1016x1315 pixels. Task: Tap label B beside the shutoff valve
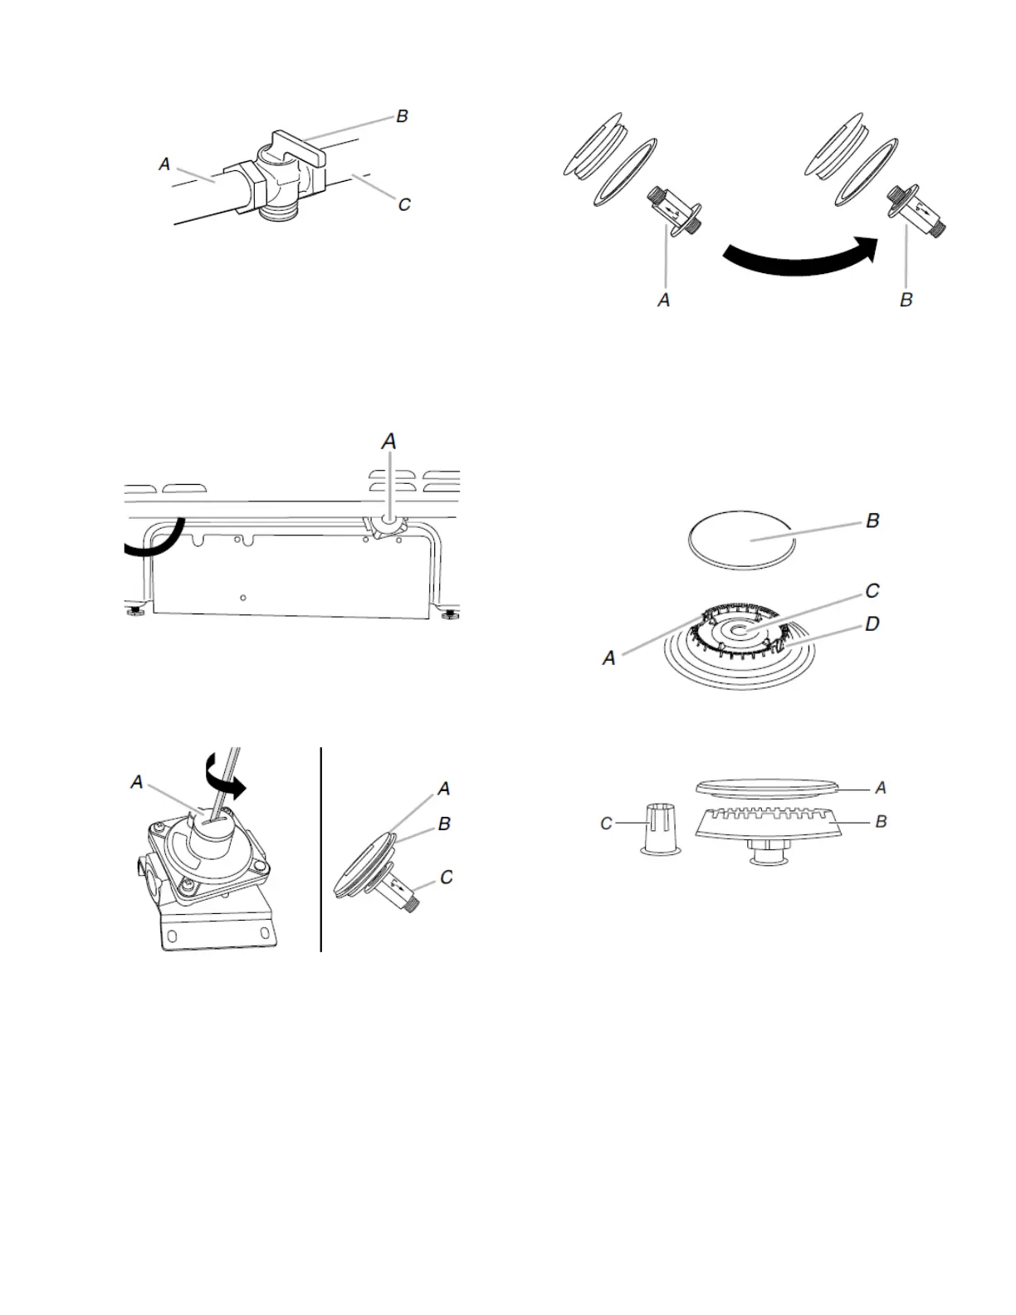403,116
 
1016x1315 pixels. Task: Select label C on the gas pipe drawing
404,204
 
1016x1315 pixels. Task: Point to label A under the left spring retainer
663,301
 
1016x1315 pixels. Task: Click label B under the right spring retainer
906,300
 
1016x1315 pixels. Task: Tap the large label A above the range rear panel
388,442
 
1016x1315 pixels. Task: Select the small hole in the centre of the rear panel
242,598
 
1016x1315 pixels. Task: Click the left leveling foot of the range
136,613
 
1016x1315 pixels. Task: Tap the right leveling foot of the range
449,614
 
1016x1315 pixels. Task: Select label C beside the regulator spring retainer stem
447,877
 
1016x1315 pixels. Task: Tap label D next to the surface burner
872,623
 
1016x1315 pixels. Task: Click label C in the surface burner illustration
872,591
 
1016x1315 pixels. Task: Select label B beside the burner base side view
881,821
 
